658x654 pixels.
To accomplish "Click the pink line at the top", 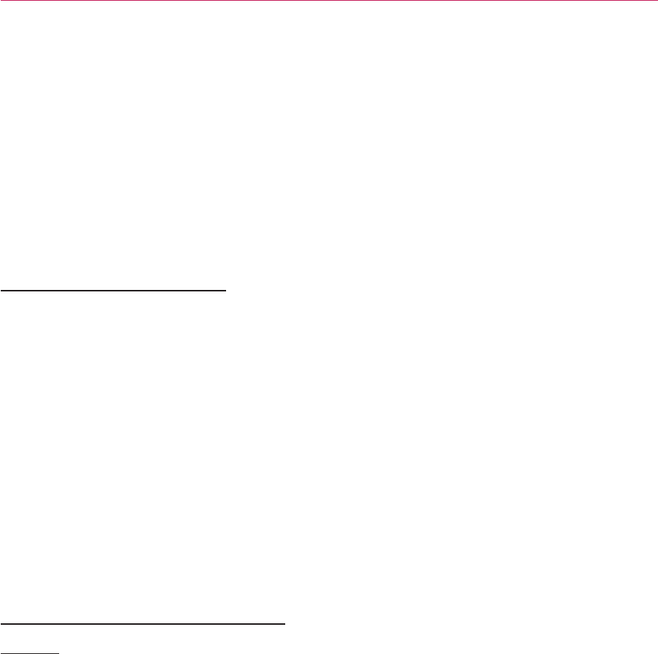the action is coord(329,1).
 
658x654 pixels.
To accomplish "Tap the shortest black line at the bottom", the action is coord(29,652).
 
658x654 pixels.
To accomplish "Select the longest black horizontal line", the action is coord(143,623).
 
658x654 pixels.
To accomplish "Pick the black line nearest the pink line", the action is coord(113,288).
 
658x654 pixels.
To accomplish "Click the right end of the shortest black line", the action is coord(58,652).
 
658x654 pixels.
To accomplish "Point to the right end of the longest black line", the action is coord(285,623).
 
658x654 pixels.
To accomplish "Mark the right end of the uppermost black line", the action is coord(225,288).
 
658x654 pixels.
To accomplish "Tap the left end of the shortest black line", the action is coord(1,652).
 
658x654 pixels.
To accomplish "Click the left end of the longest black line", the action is coord(1,623).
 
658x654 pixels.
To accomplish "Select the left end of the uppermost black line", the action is coord(1,288).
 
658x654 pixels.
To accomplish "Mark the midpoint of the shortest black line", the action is coord(29,652).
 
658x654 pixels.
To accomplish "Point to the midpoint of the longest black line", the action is coord(143,623).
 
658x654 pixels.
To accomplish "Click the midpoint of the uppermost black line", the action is coord(113,288).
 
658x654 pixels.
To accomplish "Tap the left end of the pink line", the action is coord(1,1).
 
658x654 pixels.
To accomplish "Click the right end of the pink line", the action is coord(657,1).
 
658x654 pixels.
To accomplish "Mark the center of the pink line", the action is coord(329,1).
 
